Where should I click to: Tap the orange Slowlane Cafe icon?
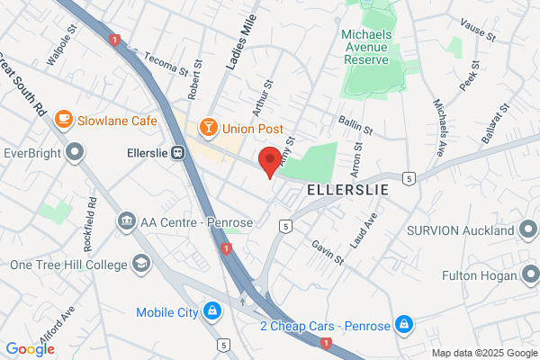(63, 119)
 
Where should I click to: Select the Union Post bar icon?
(208, 127)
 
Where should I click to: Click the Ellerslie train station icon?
(178, 153)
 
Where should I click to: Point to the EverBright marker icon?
(75, 154)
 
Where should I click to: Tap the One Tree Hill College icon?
(141, 264)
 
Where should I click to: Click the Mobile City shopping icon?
(211, 312)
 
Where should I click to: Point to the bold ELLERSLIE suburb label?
(348, 191)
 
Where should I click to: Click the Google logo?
(30, 349)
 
